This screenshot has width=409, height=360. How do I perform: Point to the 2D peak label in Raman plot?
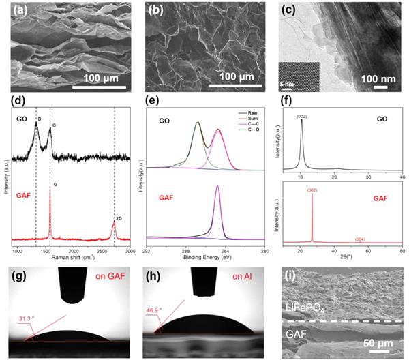click(117, 217)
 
